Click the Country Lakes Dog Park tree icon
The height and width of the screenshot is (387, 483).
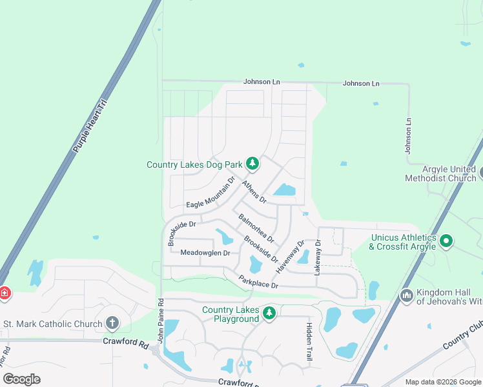click(x=252, y=164)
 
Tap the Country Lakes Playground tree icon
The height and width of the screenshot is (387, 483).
click(x=269, y=313)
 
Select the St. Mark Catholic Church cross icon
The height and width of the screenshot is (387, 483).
click(x=112, y=323)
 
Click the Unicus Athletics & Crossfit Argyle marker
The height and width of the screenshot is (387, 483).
click(x=446, y=241)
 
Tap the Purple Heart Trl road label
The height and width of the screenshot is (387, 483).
click(x=89, y=126)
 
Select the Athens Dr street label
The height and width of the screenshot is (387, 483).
click(x=254, y=192)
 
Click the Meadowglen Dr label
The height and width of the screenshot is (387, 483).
click(x=205, y=253)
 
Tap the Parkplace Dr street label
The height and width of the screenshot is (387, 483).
click(x=258, y=282)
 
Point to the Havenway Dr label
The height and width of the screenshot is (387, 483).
click(x=290, y=256)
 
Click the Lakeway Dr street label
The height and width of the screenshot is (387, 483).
click(x=318, y=259)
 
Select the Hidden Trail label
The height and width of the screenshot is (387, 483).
click(x=309, y=341)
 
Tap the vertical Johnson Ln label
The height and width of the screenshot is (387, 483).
click(x=408, y=135)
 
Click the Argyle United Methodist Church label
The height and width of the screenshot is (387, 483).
click(x=440, y=173)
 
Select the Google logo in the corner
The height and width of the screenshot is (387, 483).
click(x=21, y=379)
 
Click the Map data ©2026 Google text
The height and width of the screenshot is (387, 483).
click(x=443, y=382)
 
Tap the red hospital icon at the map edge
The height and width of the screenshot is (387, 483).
click(x=4, y=293)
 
